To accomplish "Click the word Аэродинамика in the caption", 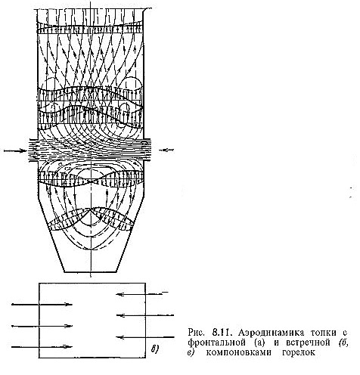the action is [271, 333].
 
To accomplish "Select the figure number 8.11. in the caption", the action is [221, 332].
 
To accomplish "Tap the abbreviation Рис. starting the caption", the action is [196, 333].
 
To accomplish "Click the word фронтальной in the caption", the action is [216, 342].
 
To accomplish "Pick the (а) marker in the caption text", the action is [259, 342].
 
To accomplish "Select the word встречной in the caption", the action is [308, 342].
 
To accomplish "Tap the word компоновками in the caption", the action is [238, 352].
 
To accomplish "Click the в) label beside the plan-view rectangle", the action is [154, 349].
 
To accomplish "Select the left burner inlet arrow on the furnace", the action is [15, 150].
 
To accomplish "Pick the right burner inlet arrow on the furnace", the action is [166, 150].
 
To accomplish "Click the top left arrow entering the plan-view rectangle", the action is [42, 305].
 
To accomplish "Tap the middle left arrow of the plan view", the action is [42, 326].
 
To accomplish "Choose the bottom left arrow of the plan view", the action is [42, 347].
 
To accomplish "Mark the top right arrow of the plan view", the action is [142, 294].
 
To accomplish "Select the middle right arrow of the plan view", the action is [145, 315].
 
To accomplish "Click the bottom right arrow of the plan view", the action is [145, 337].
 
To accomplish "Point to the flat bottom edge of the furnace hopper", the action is [91, 272].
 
